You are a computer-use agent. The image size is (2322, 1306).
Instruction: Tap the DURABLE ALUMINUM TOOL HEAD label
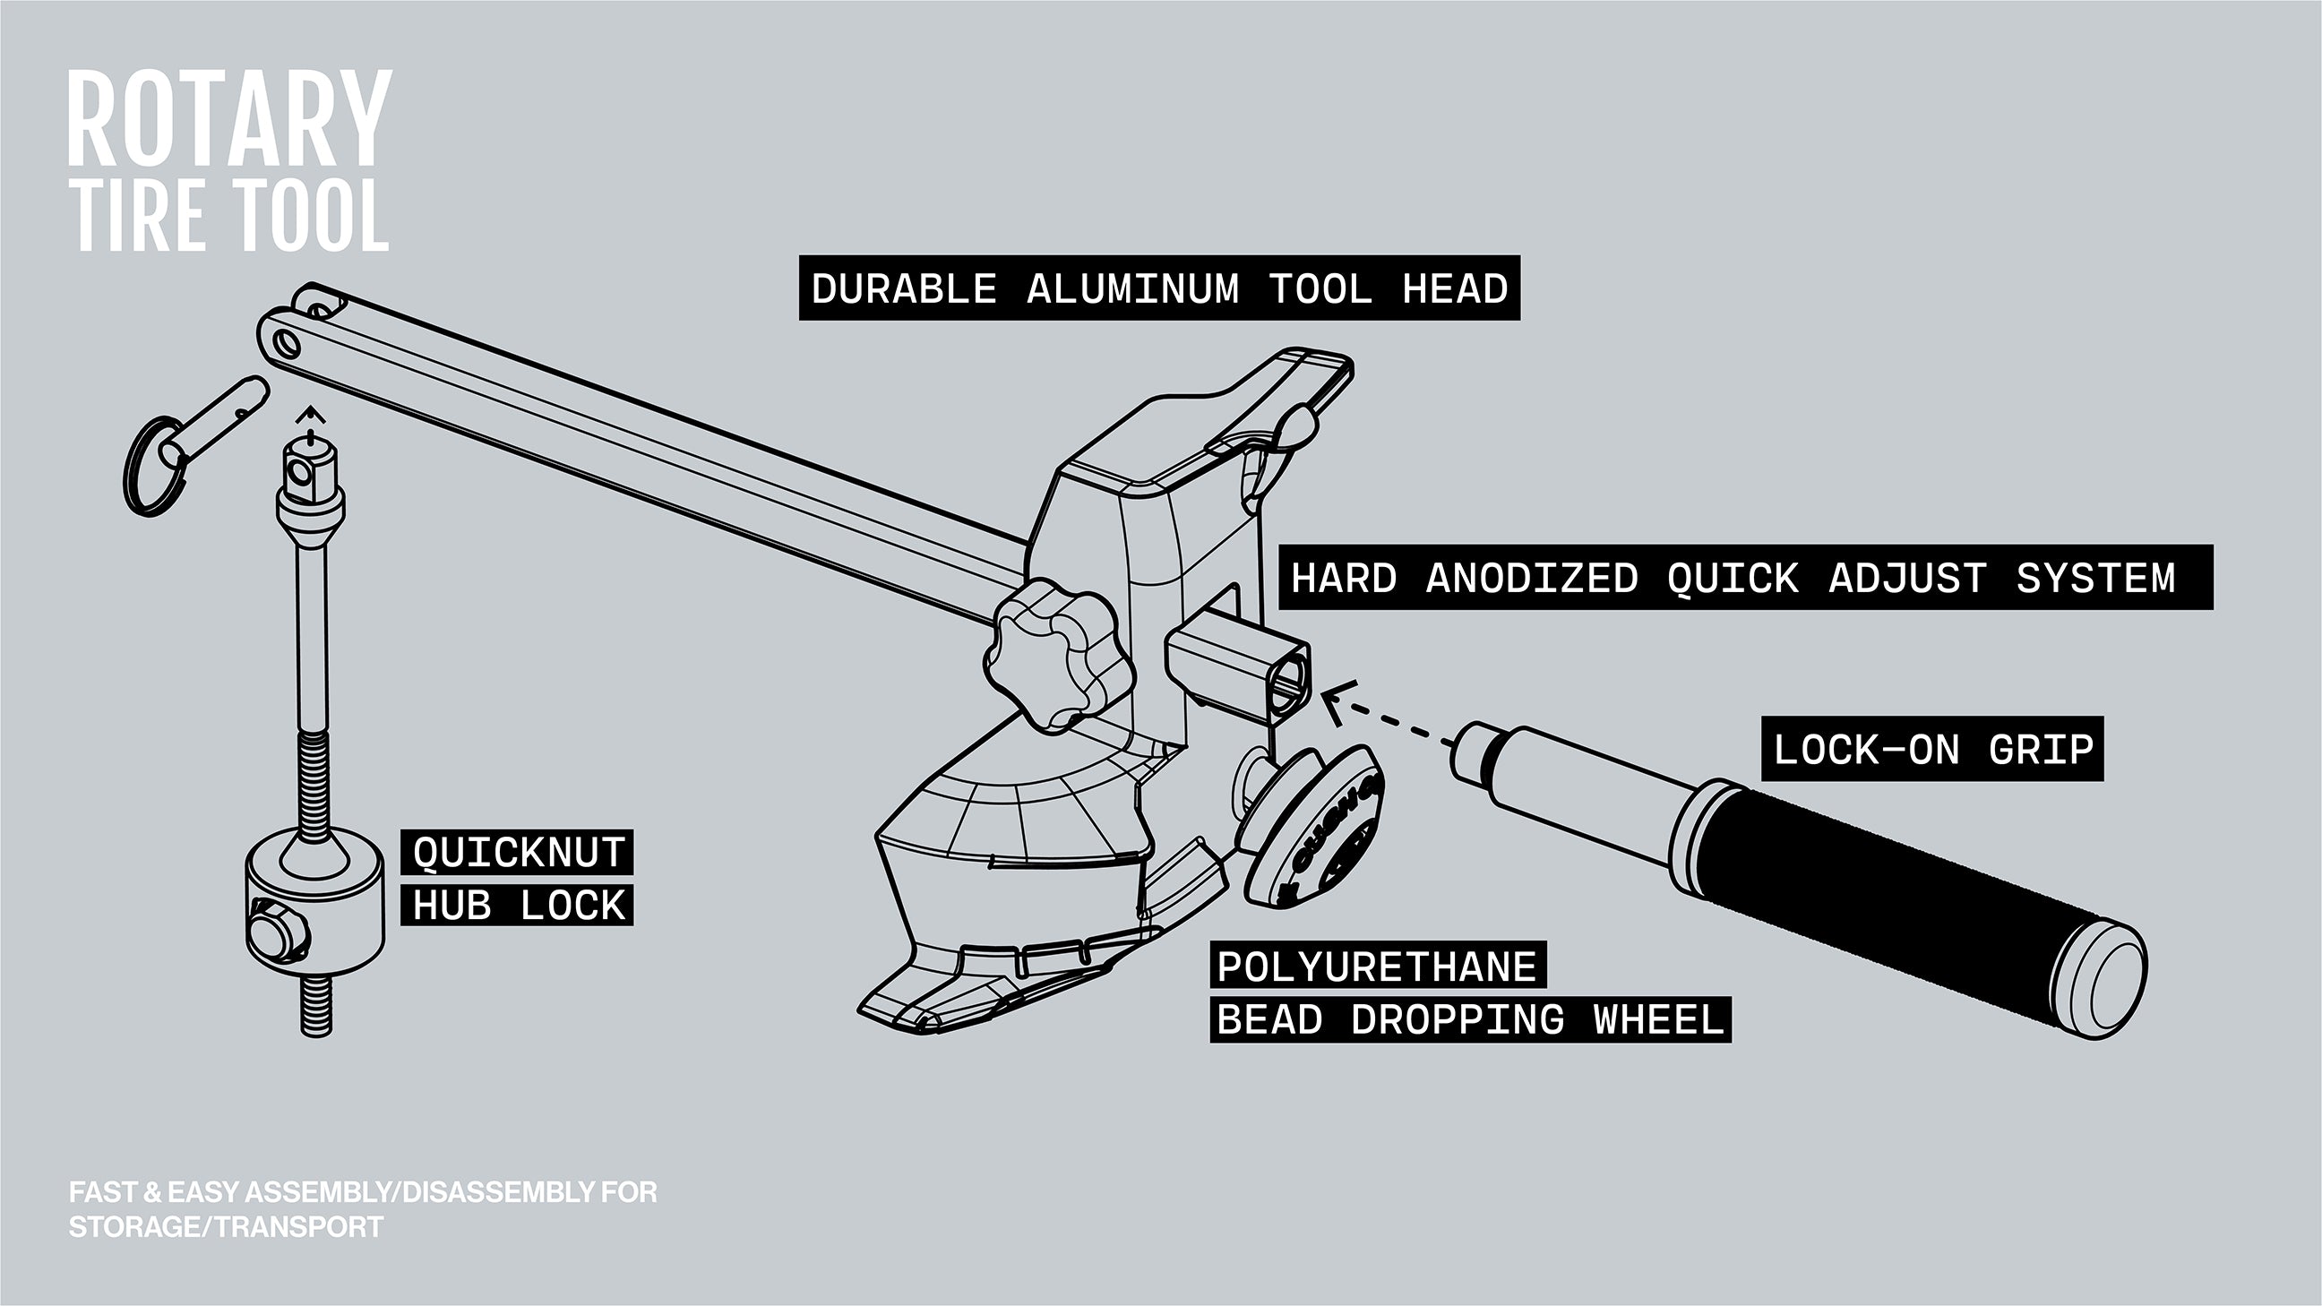click(1159, 288)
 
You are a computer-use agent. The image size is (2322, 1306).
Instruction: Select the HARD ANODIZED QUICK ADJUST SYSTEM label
click(1733, 578)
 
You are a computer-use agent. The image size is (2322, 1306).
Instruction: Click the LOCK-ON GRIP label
click(1932, 749)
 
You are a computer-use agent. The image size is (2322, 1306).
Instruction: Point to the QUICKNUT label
click(519, 853)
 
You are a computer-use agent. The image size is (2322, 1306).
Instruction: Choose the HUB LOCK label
click(519, 905)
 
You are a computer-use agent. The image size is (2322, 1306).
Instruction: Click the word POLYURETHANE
click(1376, 967)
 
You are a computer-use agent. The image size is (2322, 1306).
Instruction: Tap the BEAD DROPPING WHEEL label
click(1469, 1019)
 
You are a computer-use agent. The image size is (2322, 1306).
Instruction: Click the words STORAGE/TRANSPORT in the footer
click(226, 1227)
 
